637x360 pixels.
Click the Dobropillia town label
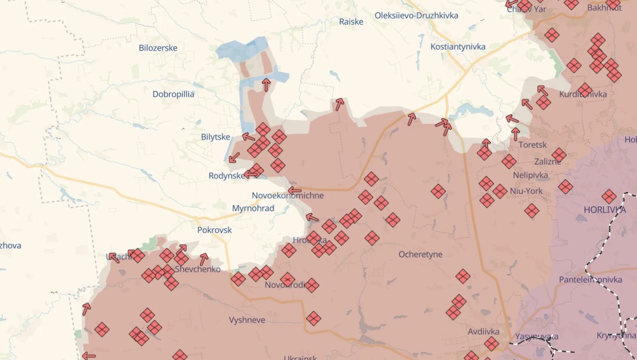click(174, 94)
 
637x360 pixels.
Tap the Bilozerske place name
click(158, 47)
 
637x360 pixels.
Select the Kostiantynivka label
click(458, 46)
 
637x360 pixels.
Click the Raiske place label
click(351, 21)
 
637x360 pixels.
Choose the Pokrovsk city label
click(214, 229)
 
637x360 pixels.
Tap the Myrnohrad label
click(253, 208)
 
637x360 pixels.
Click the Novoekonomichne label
click(287, 195)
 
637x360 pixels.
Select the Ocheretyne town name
click(421, 253)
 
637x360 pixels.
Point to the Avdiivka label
click(483, 331)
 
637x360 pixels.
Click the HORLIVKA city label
click(604, 210)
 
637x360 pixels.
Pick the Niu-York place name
click(525, 190)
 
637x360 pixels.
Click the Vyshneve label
click(247, 320)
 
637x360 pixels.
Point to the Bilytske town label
click(216, 136)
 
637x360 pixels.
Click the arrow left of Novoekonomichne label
click(294, 191)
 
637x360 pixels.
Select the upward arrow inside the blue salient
click(266, 83)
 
